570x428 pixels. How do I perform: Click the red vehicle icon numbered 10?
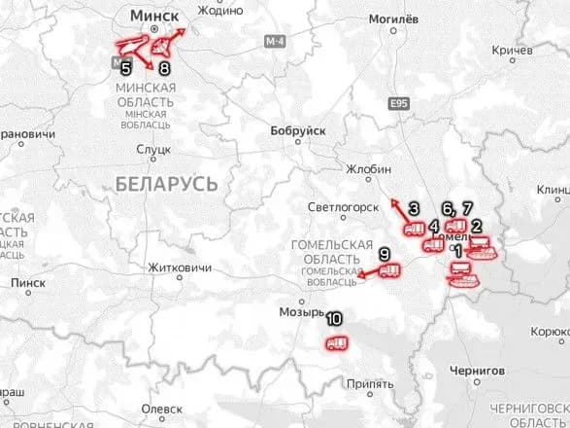[337, 343]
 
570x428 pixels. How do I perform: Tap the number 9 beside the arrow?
[385, 255]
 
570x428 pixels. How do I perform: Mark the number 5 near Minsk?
[126, 69]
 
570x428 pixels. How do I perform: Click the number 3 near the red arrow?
[413, 208]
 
